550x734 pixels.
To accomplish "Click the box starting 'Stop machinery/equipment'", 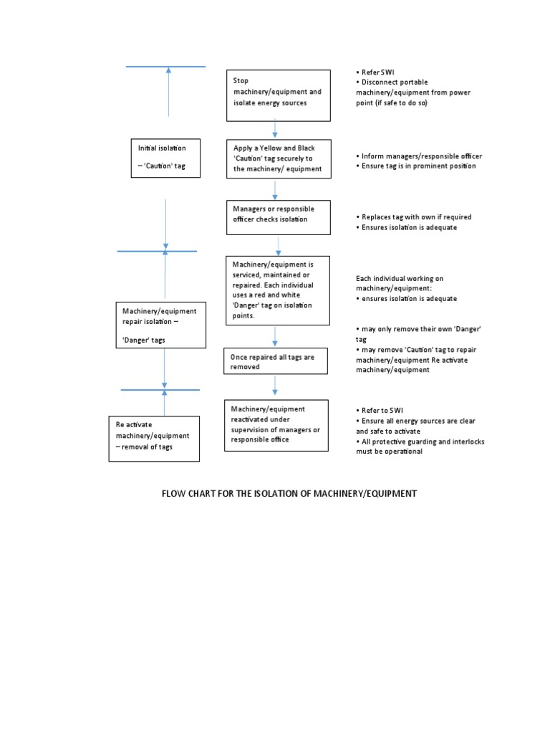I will tap(279, 95).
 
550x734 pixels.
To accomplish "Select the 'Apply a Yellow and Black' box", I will tap(279, 158).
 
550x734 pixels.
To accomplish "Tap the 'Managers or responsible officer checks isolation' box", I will tap(279, 217).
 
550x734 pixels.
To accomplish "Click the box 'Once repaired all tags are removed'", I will tap(276, 361).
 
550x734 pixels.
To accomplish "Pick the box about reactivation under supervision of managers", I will tap(276, 425).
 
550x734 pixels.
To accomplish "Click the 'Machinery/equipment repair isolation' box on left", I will tap(161, 325).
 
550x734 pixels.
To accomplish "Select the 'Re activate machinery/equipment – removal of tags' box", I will tap(154, 438).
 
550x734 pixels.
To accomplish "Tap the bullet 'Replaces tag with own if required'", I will tap(413, 216).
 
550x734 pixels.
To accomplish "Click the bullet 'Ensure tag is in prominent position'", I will tap(415, 166).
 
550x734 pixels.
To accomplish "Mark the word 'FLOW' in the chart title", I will tap(174, 494).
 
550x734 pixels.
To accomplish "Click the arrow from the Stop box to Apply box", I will tap(275, 129).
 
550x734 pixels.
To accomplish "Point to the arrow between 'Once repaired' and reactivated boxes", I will tap(275, 386).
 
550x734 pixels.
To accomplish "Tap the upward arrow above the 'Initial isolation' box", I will tap(168, 91).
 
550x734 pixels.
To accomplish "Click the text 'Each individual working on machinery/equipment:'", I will tap(400, 283).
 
